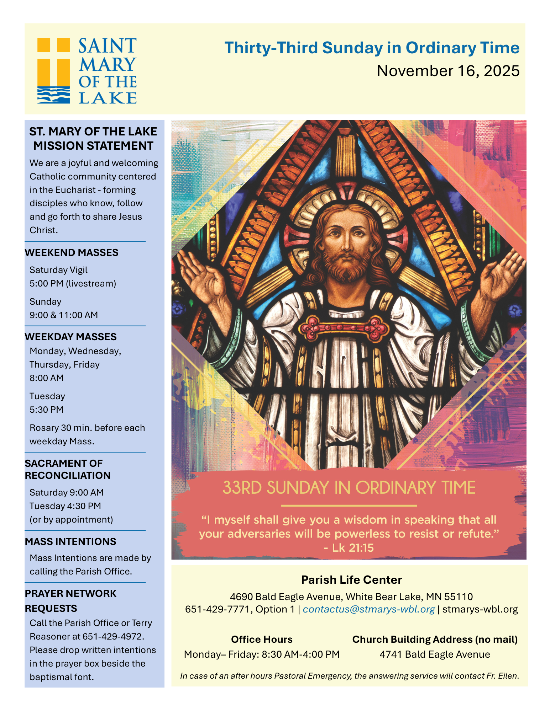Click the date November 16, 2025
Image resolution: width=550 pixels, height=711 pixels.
(x=448, y=71)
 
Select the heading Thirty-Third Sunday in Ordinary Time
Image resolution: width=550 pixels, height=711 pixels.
(x=372, y=48)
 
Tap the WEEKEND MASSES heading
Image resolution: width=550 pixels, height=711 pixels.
(x=71, y=252)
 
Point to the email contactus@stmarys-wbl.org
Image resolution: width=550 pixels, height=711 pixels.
(x=369, y=609)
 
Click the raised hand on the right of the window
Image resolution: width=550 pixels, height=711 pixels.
(x=501, y=272)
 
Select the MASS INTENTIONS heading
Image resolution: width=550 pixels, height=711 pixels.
(x=70, y=541)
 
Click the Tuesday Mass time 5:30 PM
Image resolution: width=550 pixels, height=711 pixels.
(x=46, y=410)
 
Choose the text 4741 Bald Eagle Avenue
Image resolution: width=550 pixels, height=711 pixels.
(x=435, y=654)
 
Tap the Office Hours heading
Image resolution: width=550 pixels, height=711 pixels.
(x=262, y=639)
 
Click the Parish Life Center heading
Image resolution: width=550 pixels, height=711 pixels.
(x=351, y=580)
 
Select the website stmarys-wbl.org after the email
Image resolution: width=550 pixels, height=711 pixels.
(x=480, y=609)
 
